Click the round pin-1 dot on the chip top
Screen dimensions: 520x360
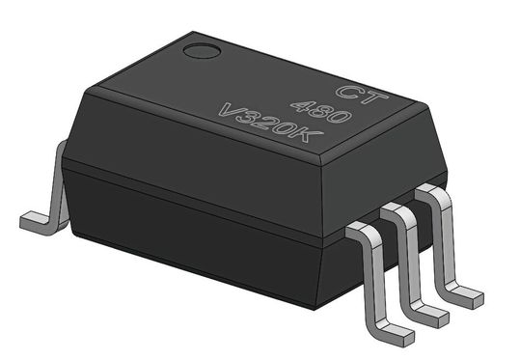point(202,51)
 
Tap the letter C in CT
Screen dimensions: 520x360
point(347,90)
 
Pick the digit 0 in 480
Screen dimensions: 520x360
point(339,117)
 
